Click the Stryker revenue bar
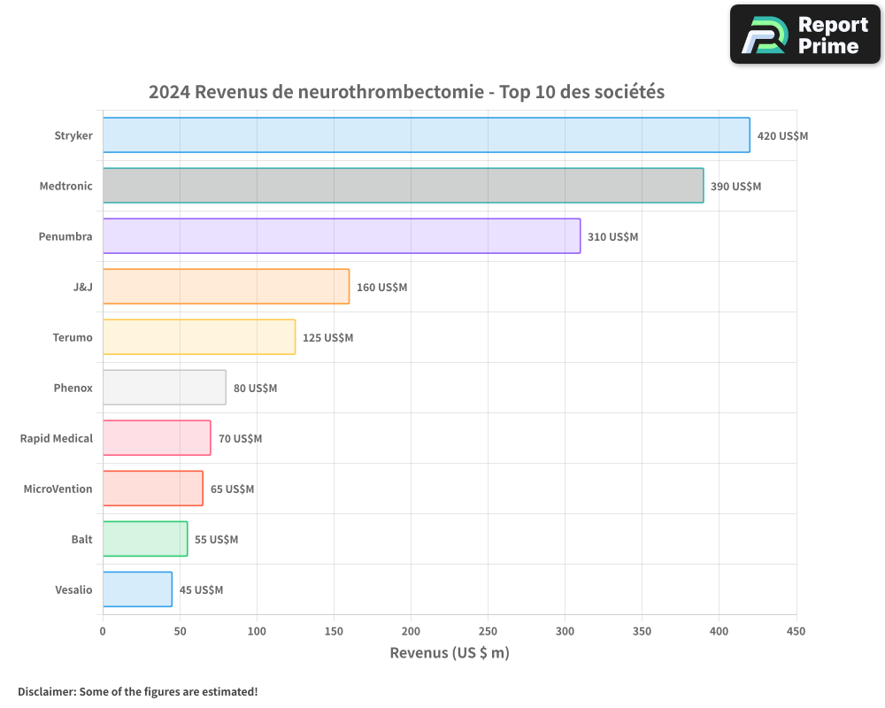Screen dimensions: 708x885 click(x=426, y=135)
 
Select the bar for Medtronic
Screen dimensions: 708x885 click(x=403, y=186)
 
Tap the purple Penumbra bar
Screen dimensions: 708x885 click(x=342, y=236)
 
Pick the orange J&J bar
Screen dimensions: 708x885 click(x=226, y=287)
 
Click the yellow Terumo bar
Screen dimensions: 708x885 click(x=199, y=337)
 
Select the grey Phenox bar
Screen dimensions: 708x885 click(x=164, y=388)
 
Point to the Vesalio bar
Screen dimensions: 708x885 click(x=137, y=589)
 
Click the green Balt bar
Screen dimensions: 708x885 click(x=145, y=539)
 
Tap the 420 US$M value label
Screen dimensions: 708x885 click(x=782, y=136)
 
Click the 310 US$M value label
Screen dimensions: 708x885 click(x=612, y=237)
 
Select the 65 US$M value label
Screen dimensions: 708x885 click(x=232, y=489)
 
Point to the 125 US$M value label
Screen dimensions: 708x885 click(x=327, y=338)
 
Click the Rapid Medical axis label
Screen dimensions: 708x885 click(x=57, y=439)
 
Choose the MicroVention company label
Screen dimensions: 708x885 click(x=58, y=489)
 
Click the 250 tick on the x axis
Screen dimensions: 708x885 click(x=488, y=631)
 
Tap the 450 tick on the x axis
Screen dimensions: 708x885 click(x=796, y=631)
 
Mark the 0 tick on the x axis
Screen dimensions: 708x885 click(x=103, y=631)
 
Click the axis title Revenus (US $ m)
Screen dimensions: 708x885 click(x=450, y=653)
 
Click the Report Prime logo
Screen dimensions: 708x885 click(x=805, y=35)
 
